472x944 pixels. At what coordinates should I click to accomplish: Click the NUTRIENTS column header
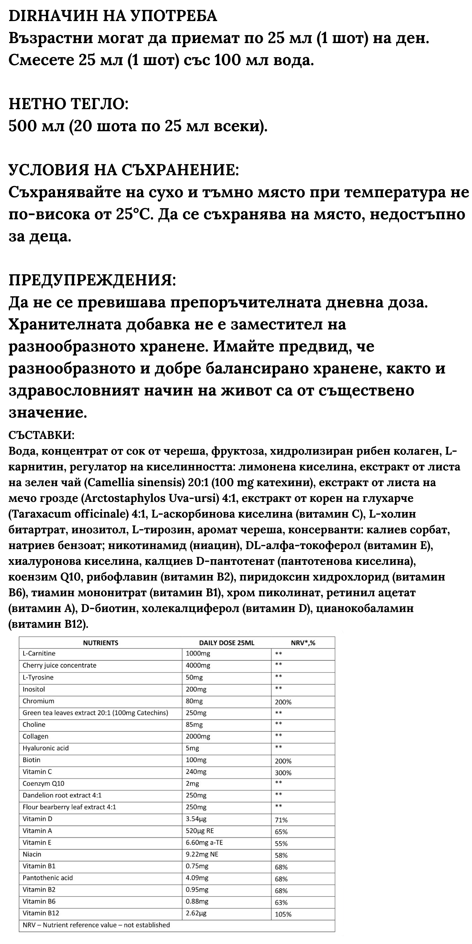[x=100, y=643]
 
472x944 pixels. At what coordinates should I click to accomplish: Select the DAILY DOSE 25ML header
[x=227, y=643]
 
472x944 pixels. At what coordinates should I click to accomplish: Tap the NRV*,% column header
[x=303, y=643]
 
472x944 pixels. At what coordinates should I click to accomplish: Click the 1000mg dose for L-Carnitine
[x=198, y=653]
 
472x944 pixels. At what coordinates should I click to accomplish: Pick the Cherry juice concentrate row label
[x=59, y=665]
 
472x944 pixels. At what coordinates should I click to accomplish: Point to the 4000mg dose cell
[x=198, y=665]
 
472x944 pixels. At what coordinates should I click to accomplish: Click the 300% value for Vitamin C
[x=283, y=773]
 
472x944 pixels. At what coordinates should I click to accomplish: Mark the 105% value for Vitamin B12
[x=283, y=914]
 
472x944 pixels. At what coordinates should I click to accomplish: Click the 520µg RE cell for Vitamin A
[x=200, y=831]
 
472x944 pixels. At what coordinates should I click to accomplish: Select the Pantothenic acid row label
[x=48, y=878]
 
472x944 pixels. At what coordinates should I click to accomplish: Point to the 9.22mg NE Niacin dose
[x=202, y=854]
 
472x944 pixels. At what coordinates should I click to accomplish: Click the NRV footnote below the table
[x=96, y=925]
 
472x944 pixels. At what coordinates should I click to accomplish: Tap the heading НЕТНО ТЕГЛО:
[x=69, y=104]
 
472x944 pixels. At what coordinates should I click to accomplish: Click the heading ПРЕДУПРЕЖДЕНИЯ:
[x=92, y=280]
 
